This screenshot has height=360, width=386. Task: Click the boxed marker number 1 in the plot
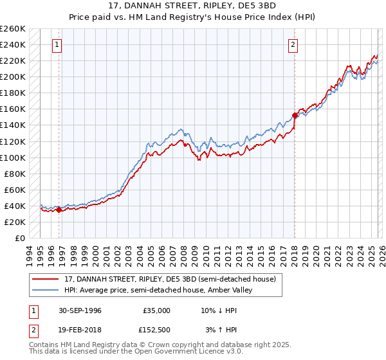click(57, 45)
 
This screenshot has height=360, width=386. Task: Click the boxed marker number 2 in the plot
click(293, 45)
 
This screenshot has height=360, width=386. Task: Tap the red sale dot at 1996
click(59, 209)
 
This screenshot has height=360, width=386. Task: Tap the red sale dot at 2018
click(295, 115)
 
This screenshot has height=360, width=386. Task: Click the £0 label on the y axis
click(20, 238)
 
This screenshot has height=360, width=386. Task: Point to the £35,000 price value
click(156, 310)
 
